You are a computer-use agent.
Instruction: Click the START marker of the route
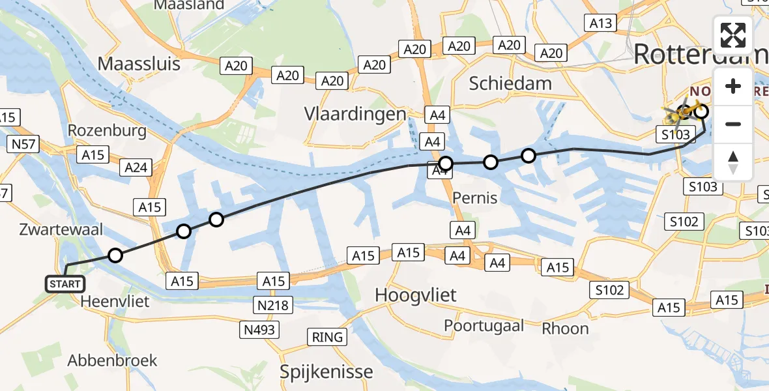65,283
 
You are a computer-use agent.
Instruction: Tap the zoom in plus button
733,87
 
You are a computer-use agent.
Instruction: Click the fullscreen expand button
733,35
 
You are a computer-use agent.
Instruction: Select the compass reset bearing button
733,162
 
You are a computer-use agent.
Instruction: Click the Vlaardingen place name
355,115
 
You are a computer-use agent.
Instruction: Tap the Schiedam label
510,83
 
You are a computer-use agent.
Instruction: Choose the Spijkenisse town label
326,372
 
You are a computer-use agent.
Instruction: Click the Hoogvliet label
416,295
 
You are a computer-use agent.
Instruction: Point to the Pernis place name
474,198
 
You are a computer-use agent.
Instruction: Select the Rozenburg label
107,130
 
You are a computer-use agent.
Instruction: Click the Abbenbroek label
113,360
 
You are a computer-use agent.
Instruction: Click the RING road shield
327,338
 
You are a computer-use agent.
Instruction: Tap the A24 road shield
136,167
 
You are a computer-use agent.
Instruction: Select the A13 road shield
601,23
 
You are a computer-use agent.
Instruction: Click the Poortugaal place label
484,325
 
